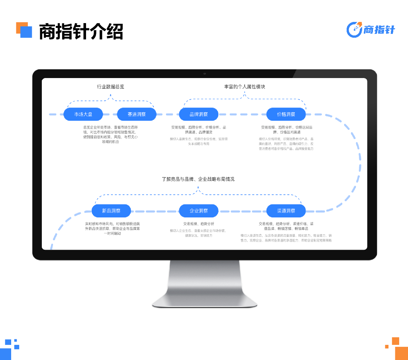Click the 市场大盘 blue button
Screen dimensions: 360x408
pos(83,114)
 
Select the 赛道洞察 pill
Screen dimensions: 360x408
pos(137,114)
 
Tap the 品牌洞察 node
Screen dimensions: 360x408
pos(198,114)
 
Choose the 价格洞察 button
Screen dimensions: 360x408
pos(286,114)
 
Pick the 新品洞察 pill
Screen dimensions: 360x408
pos(111,211)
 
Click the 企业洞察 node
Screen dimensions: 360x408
pos(198,211)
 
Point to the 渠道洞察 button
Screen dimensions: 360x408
pos(286,211)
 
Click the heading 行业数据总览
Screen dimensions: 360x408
pos(110,86)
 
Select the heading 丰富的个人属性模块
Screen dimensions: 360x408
pos(244,86)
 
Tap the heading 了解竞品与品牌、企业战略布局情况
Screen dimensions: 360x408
pos(198,179)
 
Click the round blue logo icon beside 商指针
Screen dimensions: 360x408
pos(354,29)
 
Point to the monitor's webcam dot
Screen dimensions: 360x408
pos(204,74)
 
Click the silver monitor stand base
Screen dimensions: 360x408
pos(204,301)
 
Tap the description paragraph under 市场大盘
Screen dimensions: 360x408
pos(110,134)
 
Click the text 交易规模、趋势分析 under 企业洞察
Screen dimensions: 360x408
pos(198,223)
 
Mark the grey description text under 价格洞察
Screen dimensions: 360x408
pos(286,143)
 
